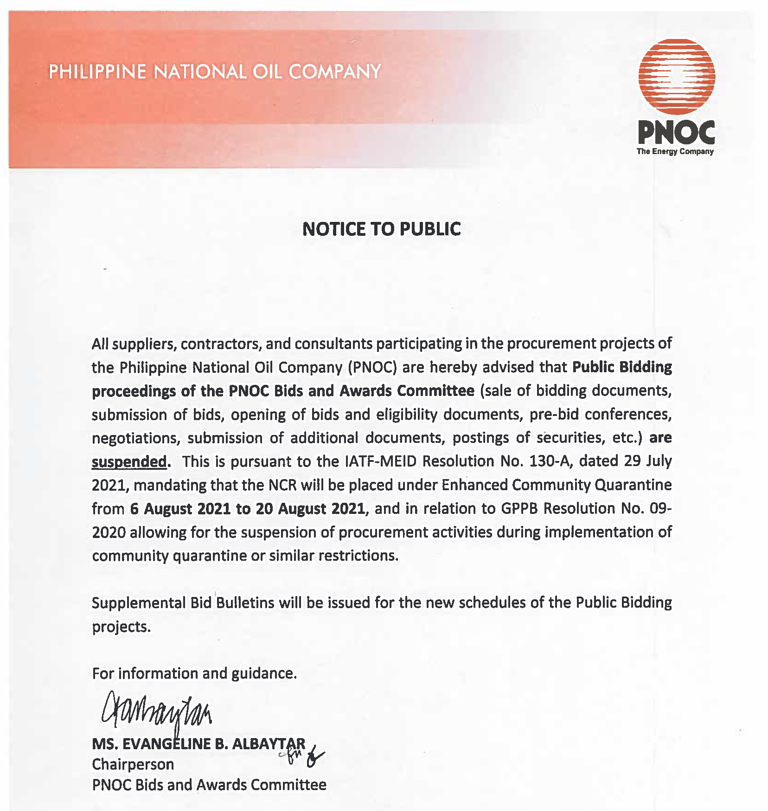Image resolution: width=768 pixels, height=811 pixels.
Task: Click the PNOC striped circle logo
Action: pyautogui.click(x=676, y=77)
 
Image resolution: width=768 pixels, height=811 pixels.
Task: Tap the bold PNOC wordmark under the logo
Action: pyautogui.click(x=676, y=132)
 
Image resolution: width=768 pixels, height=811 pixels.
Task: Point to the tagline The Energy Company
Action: pyautogui.click(x=675, y=151)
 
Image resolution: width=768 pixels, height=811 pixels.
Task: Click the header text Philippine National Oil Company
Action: pyautogui.click(x=215, y=72)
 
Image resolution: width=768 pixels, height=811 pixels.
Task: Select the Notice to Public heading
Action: pyautogui.click(x=381, y=229)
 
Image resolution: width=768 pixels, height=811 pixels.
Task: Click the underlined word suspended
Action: pyautogui.click(x=129, y=461)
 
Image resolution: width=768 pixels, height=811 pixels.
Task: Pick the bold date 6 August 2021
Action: pyautogui.click(x=180, y=509)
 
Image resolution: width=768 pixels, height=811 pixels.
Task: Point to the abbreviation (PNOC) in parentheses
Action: pyautogui.click(x=372, y=367)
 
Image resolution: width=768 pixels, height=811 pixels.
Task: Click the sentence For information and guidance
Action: pyautogui.click(x=194, y=673)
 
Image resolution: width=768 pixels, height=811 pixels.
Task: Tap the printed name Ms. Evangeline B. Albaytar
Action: pyautogui.click(x=198, y=744)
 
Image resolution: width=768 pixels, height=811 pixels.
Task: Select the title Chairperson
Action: pyautogui.click(x=133, y=764)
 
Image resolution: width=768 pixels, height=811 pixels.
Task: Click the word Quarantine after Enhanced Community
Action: pyautogui.click(x=633, y=485)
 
